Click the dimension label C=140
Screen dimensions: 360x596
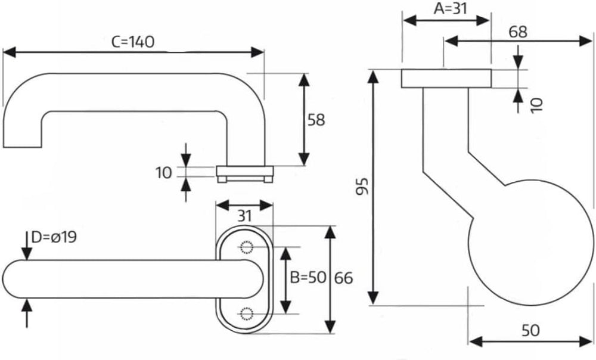point(134,42)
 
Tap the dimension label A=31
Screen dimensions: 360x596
point(446,8)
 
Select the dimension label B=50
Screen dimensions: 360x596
point(308,277)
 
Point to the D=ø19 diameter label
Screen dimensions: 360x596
point(54,237)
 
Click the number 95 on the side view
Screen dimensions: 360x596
point(365,186)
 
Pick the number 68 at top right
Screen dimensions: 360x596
point(518,32)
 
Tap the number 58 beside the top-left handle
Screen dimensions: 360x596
point(316,120)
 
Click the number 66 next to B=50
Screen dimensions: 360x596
point(343,277)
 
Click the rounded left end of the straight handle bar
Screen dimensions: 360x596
point(14,278)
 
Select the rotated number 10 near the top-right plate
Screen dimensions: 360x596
point(537,104)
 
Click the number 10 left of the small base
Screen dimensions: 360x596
point(164,173)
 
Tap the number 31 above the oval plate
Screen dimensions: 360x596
point(244,216)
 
